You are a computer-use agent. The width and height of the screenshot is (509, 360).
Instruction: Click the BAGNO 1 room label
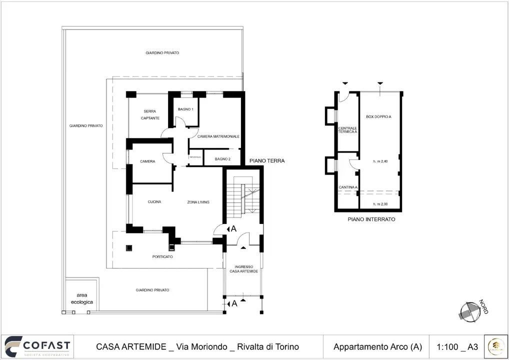[185, 109]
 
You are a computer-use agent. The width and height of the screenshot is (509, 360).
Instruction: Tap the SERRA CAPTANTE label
[150, 114]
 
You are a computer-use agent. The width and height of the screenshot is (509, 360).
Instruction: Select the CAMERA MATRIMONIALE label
[218, 136]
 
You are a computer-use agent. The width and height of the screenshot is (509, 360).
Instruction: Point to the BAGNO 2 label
[222, 159]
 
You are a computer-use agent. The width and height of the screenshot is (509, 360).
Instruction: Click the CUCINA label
[154, 202]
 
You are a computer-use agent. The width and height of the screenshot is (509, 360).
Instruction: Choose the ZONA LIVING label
[198, 202]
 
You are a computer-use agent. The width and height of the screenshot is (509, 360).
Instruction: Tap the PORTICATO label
[162, 256]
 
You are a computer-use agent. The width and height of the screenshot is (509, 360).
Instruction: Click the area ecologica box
[81, 298]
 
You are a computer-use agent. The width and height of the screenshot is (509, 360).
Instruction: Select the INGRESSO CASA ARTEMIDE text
[243, 269]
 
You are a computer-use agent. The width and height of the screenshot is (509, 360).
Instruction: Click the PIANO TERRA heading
[267, 161]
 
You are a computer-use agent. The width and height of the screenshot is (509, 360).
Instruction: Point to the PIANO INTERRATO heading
[371, 219]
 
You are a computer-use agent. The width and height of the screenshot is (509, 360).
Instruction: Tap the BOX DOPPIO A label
[378, 116]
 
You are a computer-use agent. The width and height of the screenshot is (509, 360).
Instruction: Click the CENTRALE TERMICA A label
[347, 130]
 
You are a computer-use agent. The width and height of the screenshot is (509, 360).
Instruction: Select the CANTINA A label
[348, 187]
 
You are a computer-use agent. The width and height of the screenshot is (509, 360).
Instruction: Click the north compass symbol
[470, 311]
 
